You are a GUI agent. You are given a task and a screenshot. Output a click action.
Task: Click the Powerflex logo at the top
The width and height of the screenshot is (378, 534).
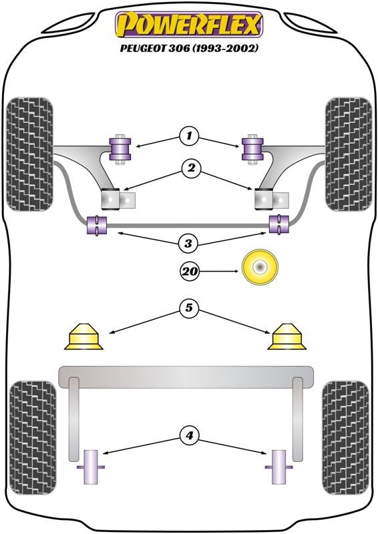(189, 25)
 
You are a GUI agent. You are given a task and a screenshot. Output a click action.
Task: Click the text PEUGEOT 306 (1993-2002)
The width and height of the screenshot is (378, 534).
(189, 48)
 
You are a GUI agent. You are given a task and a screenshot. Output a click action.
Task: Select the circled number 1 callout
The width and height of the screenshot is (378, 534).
(189, 137)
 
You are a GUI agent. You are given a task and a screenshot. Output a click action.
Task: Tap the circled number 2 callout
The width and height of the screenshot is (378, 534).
(191, 168)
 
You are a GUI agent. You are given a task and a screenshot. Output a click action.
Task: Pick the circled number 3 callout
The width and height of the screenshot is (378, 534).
(188, 243)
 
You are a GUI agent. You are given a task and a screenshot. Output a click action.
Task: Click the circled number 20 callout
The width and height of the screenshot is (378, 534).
(190, 272)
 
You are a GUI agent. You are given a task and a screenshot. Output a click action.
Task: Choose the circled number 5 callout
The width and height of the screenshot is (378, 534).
(189, 308)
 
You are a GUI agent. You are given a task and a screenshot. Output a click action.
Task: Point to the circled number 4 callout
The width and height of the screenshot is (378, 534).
(189, 435)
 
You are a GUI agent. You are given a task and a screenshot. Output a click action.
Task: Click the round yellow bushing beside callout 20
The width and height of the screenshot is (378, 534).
(260, 268)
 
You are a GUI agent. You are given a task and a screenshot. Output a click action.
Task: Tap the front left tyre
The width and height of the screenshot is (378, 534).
(29, 154)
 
